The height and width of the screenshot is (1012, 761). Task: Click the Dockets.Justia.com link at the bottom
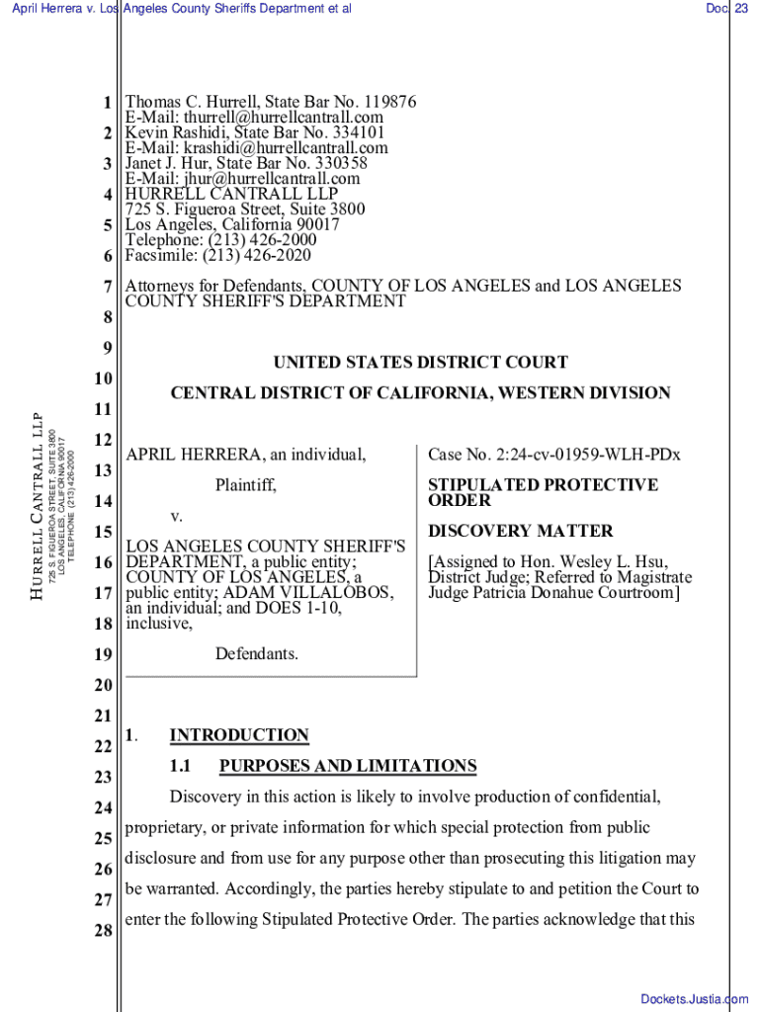point(694,999)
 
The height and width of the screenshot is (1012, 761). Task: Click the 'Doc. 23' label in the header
point(725,9)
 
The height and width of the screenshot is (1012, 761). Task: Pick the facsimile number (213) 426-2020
point(259,256)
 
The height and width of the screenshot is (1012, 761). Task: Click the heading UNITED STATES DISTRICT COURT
point(421,363)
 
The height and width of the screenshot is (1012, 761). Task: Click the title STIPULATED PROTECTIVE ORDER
point(543,492)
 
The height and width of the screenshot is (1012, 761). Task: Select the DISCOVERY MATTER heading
point(520,531)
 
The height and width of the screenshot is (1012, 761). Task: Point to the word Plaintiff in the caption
point(245,485)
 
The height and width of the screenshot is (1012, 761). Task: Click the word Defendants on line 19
point(256,654)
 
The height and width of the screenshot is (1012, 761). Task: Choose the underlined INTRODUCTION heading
point(239,735)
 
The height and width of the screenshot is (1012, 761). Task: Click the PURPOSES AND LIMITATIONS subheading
point(347,766)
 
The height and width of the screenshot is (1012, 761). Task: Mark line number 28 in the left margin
point(103,931)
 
